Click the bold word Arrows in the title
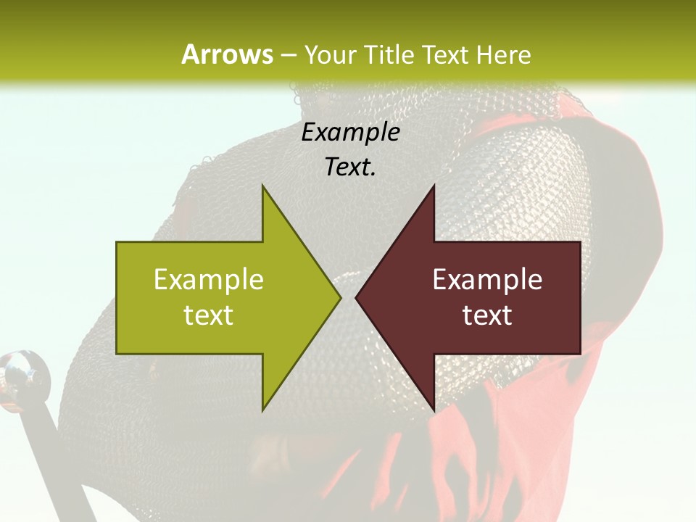pyautogui.click(x=227, y=54)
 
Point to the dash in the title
pyautogui.click(x=288, y=56)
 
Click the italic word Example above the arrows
pyautogui.click(x=350, y=133)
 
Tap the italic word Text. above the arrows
pyautogui.click(x=350, y=167)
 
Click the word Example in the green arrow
pyautogui.click(x=209, y=280)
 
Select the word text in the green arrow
pyautogui.click(x=209, y=315)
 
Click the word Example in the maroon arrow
pyautogui.click(x=487, y=280)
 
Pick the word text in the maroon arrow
pyautogui.click(x=487, y=315)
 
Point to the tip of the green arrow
pyautogui.click(x=340, y=297)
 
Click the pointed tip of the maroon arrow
pyautogui.click(x=356, y=297)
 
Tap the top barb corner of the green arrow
pyautogui.click(x=262, y=186)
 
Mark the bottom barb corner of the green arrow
pyautogui.click(x=262, y=410)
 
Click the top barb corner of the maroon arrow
pyautogui.click(x=434, y=186)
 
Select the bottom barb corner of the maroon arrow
pyautogui.click(x=434, y=410)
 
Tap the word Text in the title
pyautogui.click(x=443, y=54)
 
